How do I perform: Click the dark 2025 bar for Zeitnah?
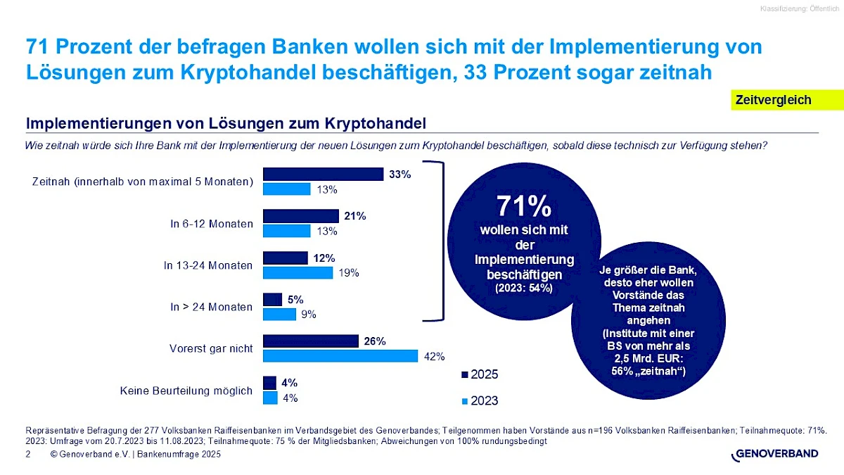click(323, 174)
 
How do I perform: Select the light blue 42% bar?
click(340, 356)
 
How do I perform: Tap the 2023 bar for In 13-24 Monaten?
click(298, 272)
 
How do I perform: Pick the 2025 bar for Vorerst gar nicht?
click(311, 341)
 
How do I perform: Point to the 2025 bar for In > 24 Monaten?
click(272, 300)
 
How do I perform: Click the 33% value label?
click(400, 174)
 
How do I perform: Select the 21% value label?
click(356, 216)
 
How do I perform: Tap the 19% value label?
click(349, 273)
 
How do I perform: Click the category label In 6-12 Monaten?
click(211, 224)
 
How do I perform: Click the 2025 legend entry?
click(480, 374)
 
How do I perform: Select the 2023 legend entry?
click(480, 400)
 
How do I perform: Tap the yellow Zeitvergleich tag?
click(773, 100)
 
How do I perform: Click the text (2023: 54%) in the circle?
click(523, 288)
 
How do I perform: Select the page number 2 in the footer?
click(27, 455)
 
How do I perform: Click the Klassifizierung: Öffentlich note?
click(799, 8)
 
